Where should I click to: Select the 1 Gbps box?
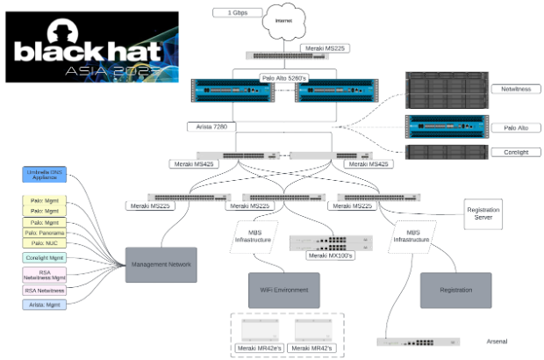pyautogui.click(x=236, y=12)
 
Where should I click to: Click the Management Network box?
pyautogui.click(x=163, y=264)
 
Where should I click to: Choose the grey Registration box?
pyautogui.click(x=455, y=290)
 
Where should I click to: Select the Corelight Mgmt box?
pyautogui.click(x=45, y=258)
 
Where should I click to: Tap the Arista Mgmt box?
pyautogui.click(x=45, y=305)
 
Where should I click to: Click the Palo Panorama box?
pyautogui.click(x=45, y=233)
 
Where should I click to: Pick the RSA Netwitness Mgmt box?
pyautogui.click(x=45, y=276)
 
